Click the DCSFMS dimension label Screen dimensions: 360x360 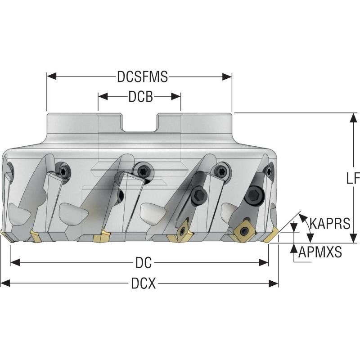tap(142, 77)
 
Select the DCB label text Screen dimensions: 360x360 tap(140, 96)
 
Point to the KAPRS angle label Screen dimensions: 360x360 tap(329, 223)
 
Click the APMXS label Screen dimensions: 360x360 tap(320, 252)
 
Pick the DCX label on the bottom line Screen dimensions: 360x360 tap(144, 283)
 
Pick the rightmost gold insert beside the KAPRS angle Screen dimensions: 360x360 tap(271, 235)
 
